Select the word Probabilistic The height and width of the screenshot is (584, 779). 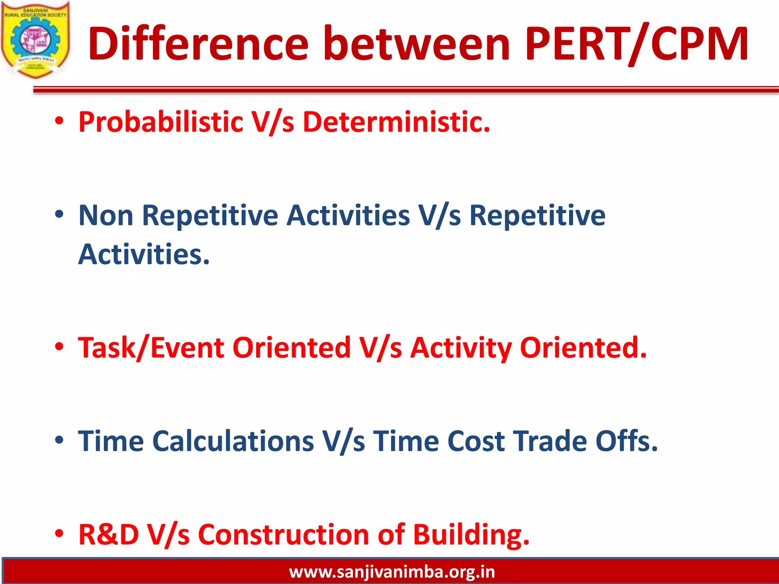pyautogui.click(x=161, y=122)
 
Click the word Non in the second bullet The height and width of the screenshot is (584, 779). pyautogui.click(x=106, y=216)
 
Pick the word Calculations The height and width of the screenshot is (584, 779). pyautogui.click(x=233, y=441)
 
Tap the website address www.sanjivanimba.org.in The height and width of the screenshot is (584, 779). pyautogui.click(x=392, y=572)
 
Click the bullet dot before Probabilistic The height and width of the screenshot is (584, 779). pyautogui.click(x=59, y=122)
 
